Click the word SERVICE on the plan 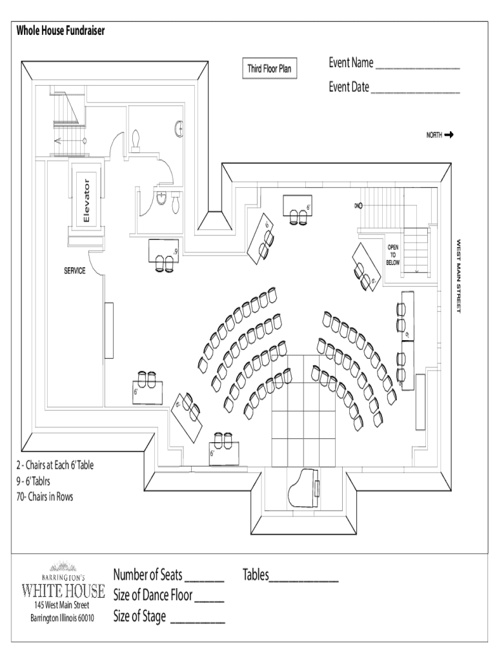(74, 271)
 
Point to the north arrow (449, 135)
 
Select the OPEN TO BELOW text (393, 255)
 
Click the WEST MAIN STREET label (459, 276)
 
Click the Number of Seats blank (205, 580)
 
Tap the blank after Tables (303, 580)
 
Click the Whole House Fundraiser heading (61, 30)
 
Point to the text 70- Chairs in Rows (46, 497)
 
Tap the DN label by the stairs (356, 205)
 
